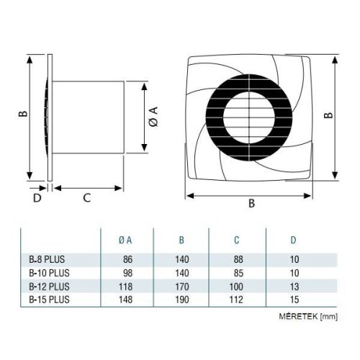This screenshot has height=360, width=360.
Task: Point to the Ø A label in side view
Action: [153, 117]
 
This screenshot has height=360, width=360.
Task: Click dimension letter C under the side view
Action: [86, 197]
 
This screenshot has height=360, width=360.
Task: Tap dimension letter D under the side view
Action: [37, 197]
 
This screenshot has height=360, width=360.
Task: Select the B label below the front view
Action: [251, 203]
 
